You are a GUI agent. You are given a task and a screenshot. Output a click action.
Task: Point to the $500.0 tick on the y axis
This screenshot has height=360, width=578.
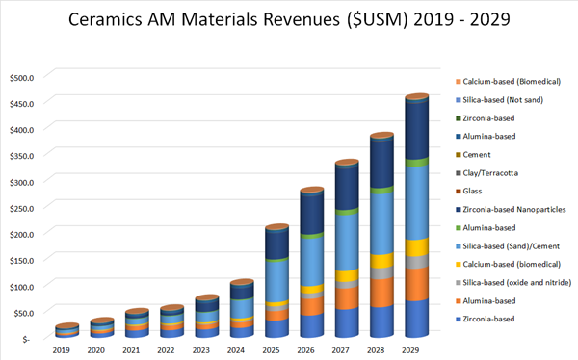(x=21, y=77)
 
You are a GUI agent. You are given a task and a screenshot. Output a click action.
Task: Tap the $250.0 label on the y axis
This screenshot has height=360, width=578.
(x=21, y=208)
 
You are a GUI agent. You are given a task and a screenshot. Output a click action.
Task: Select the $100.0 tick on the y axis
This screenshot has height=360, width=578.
(x=21, y=287)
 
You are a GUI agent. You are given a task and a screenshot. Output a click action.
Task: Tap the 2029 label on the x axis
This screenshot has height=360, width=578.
(x=416, y=351)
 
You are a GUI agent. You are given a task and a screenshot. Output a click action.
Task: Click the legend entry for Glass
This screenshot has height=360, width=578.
(x=478, y=191)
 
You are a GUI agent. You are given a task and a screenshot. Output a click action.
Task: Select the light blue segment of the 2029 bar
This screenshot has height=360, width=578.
(x=416, y=202)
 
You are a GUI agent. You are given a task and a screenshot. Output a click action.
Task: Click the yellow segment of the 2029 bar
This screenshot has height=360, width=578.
(x=416, y=247)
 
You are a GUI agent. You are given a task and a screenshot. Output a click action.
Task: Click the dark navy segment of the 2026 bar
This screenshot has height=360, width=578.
(x=312, y=212)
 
